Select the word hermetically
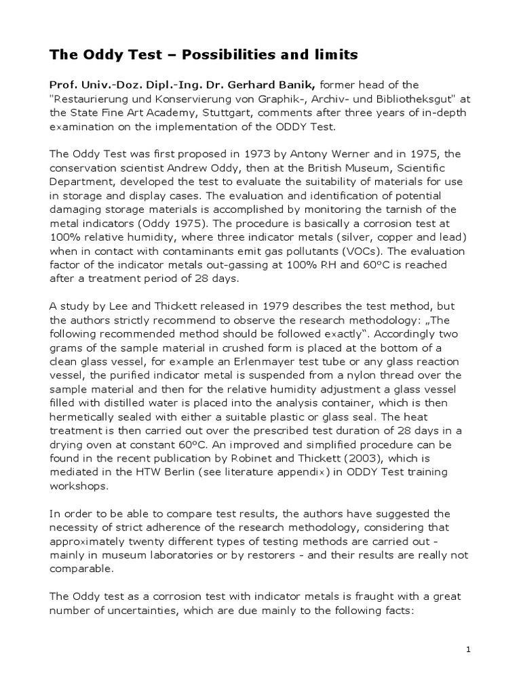(85, 416)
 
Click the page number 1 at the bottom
(468, 649)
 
